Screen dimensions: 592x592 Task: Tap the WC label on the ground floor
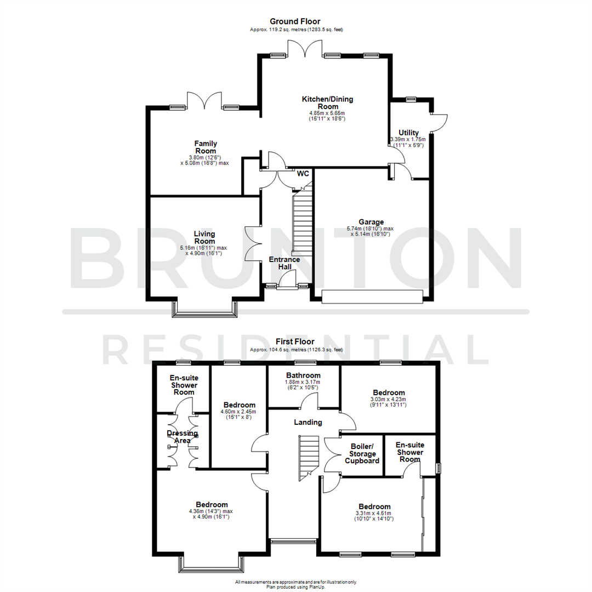click(303, 174)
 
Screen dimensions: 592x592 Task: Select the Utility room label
click(408, 133)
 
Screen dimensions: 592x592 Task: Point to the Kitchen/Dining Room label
click(327, 103)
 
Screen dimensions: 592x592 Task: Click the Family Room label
click(205, 147)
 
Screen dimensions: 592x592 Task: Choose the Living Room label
click(204, 237)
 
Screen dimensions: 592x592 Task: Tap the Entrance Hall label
click(284, 263)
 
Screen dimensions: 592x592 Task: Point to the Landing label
click(308, 422)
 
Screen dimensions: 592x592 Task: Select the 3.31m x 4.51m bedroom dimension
click(374, 515)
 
